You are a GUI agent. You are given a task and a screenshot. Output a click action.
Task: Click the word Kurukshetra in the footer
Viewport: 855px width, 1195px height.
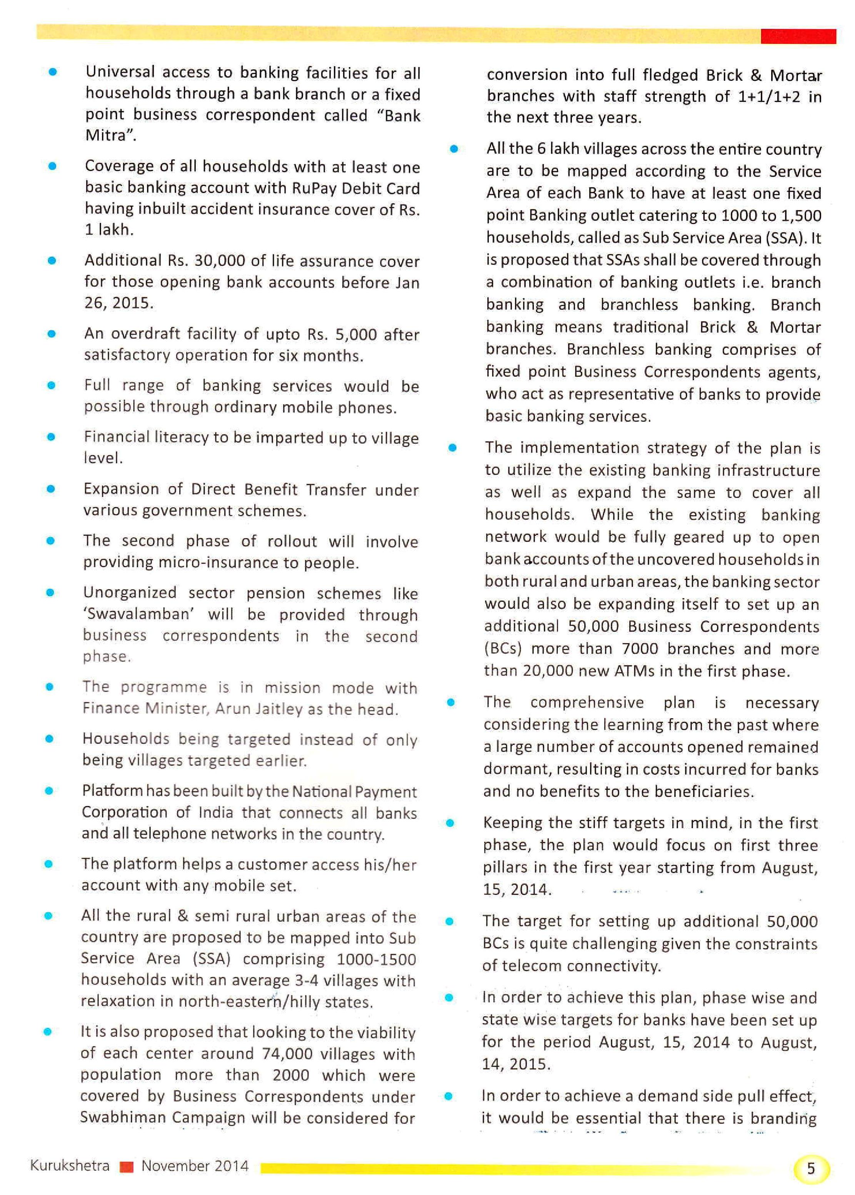tap(70, 1165)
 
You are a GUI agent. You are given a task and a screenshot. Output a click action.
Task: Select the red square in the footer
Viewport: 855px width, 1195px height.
tap(127, 1166)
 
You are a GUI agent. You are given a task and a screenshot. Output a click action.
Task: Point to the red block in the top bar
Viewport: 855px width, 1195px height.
tap(798, 36)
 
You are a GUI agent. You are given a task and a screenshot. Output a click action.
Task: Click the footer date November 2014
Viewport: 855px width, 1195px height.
tap(195, 1165)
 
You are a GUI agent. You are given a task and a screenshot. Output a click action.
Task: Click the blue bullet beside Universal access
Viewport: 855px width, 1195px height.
tap(53, 72)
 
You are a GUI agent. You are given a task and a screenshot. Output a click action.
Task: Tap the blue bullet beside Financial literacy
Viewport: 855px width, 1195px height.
tap(51, 436)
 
